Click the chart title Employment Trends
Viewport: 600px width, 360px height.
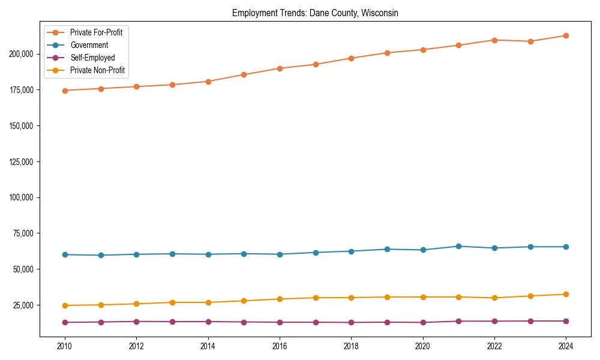pyautogui.click(x=315, y=13)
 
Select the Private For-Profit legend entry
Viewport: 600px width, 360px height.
pyautogui.click(x=96, y=32)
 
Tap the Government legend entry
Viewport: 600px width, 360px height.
pyautogui.click(x=89, y=45)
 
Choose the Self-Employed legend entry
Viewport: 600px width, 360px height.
pyautogui.click(x=92, y=58)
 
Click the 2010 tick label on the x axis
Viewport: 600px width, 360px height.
pyautogui.click(x=65, y=346)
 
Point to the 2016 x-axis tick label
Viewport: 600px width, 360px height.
pyautogui.click(x=280, y=346)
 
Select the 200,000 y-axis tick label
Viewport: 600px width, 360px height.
pyautogui.click(x=23, y=54)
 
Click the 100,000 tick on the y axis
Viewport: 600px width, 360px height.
pyautogui.click(x=23, y=197)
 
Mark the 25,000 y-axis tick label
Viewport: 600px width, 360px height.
pyautogui.click(x=25, y=305)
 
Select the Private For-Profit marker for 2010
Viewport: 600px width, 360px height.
pyautogui.click(x=65, y=91)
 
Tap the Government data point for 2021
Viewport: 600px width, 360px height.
pyautogui.click(x=458, y=246)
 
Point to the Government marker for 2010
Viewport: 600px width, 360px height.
pyautogui.click(x=65, y=254)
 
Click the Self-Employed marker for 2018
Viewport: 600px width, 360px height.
pyautogui.click(x=351, y=322)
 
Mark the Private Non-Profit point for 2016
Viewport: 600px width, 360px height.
pyautogui.click(x=280, y=299)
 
